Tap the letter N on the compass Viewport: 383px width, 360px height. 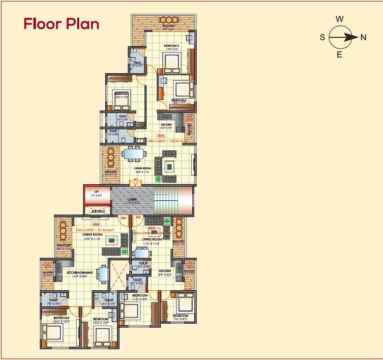(364, 37)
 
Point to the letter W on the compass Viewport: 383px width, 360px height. (339, 19)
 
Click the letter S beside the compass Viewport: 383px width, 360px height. (323, 37)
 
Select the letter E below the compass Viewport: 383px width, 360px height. (339, 55)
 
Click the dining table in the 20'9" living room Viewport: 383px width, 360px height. (134, 154)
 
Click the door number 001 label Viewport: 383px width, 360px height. (135, 180)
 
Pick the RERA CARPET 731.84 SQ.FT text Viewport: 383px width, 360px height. (89, 229)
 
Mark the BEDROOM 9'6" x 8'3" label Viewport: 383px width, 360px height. (180, 316)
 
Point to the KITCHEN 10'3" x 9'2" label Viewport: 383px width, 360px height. (167, 125)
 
